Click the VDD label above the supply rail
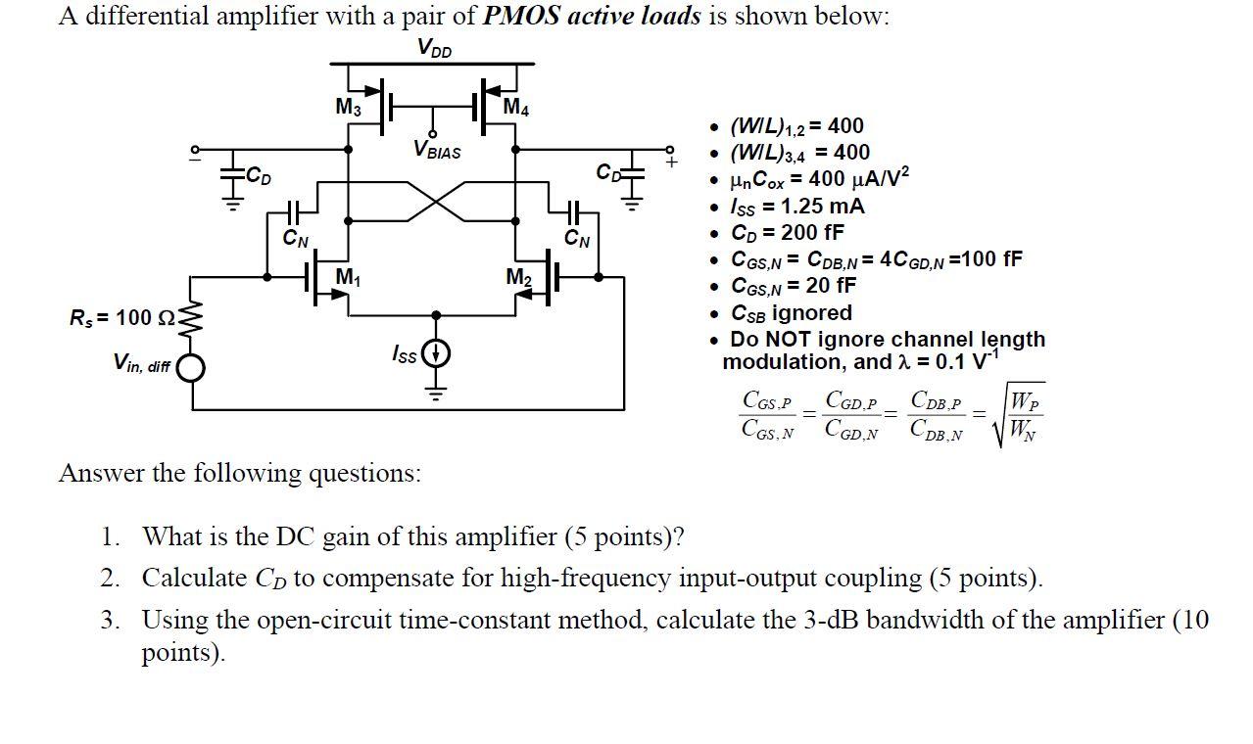(434, 47)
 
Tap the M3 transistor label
(348, 107)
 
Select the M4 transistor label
(516, 107)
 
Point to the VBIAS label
(437, 152)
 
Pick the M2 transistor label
(519, 277)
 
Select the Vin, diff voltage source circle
(191, 367)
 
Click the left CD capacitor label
(259, 176)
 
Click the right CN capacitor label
(577, 238)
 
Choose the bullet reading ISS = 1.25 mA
(797, 207)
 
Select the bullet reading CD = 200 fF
(787, 233)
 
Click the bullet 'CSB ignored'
(792, 313)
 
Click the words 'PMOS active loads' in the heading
(593, 16)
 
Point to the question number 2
(110, 579)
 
